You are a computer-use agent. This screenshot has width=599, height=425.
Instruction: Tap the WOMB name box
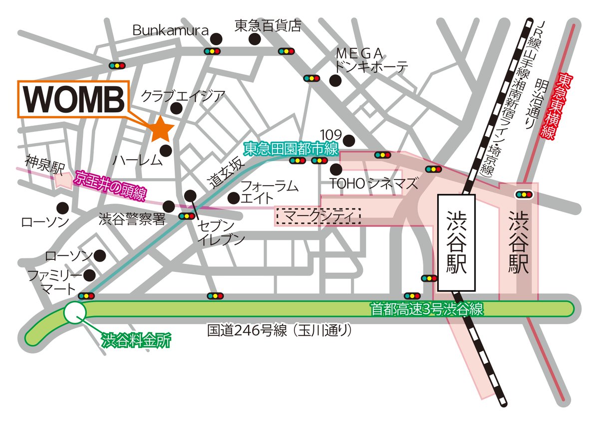coord(73,99)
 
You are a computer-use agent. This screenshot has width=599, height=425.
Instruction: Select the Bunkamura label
coord(170,30)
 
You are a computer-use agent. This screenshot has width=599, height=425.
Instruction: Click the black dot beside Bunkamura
coord(216,38)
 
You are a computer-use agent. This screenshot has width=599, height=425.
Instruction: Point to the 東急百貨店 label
coord(268,26)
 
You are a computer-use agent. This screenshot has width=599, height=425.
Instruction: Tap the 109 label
coord(330,135)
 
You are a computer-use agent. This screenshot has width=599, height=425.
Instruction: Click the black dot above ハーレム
coord(166,149)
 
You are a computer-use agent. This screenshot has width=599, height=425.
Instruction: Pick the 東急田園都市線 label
coord(291,148)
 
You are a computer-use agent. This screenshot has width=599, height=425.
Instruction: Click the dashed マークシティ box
coord(318,216)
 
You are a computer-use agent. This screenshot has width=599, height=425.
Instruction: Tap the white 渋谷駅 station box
coord(456,243)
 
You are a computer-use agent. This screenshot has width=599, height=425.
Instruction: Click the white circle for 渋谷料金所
coord(75,312)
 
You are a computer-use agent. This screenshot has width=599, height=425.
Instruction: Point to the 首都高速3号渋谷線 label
coord(426,309)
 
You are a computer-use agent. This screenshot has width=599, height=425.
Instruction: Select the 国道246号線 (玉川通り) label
coord(280,330)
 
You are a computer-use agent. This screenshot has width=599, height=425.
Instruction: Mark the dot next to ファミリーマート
coord(90,275)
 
